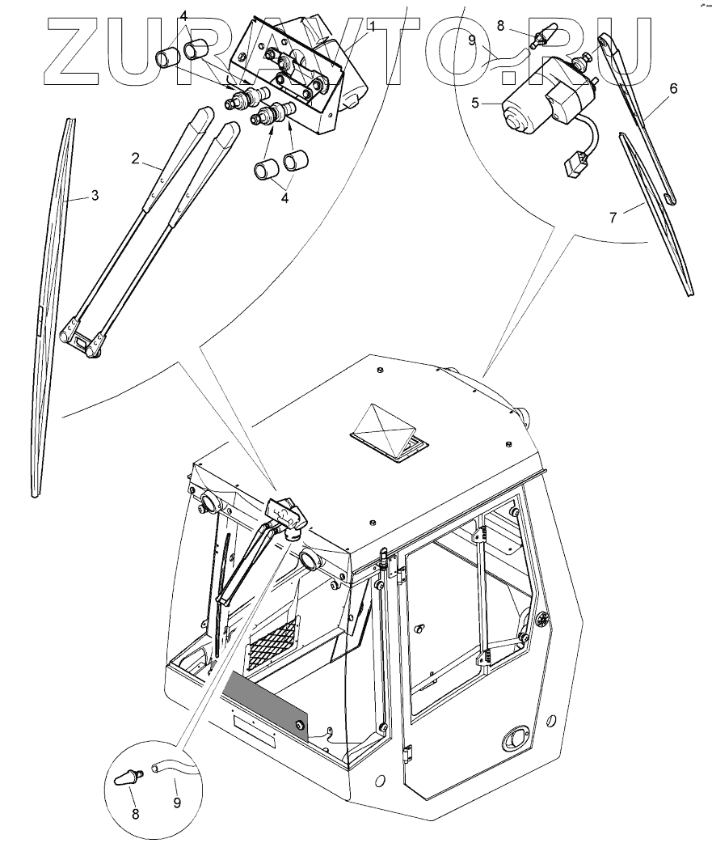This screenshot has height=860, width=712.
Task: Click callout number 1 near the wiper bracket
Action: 372,27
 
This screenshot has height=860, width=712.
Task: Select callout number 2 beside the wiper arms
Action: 137,158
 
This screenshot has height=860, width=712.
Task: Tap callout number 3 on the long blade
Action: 95,195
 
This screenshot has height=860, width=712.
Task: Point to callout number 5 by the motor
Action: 475,103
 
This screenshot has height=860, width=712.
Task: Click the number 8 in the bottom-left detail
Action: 135,815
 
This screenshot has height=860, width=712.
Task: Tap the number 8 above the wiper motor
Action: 501,26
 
